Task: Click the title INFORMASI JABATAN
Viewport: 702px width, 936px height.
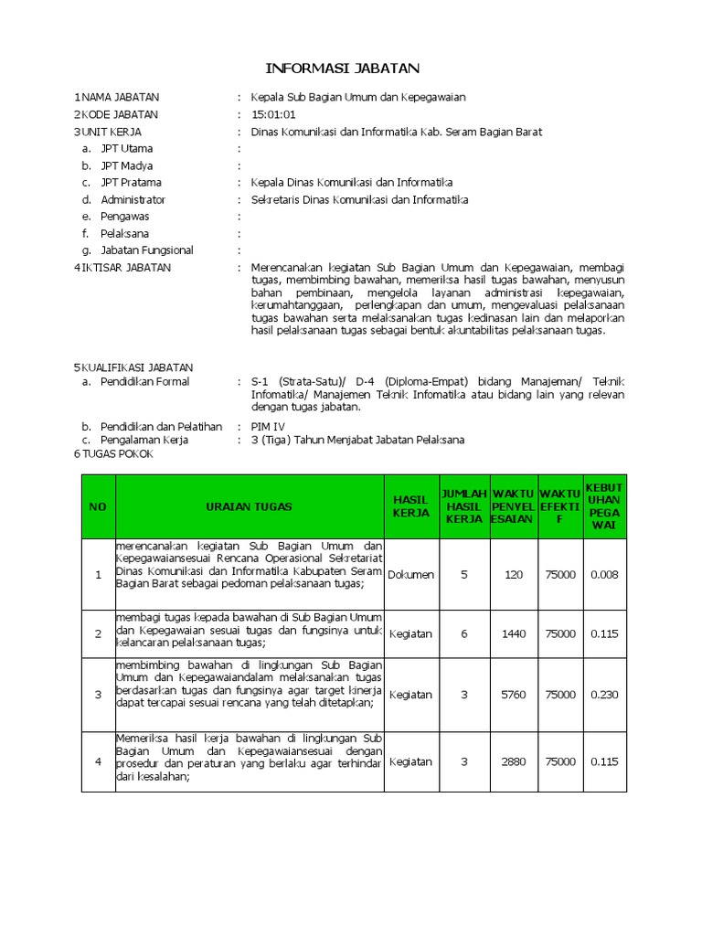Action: coord(342,68)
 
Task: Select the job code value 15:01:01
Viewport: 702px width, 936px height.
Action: coord(273,114)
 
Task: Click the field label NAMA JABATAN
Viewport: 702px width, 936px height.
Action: coord(120,98)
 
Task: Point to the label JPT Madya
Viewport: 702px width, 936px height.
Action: coord(126,165)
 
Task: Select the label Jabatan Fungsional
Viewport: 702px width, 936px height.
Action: coord(146,250)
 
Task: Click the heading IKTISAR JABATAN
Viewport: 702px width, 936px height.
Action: coord(126,267)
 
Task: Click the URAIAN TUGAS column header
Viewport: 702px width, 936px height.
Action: coord(249,506)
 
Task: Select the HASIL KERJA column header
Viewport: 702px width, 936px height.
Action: coord(410,506)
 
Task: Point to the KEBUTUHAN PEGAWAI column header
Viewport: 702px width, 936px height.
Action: coord(604,506)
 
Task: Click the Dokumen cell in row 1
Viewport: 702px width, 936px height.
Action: coord(410,575)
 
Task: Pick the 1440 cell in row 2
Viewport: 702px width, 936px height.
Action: coord(514,633)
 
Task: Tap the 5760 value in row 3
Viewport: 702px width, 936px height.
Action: coord(514,695)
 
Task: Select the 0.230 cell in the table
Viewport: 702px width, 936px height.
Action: coord(604,695)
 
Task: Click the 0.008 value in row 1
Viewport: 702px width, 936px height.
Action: coord(604,575)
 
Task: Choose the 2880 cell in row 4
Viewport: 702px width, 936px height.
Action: coord(514,761)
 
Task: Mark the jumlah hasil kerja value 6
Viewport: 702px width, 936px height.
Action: coord(463,633)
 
